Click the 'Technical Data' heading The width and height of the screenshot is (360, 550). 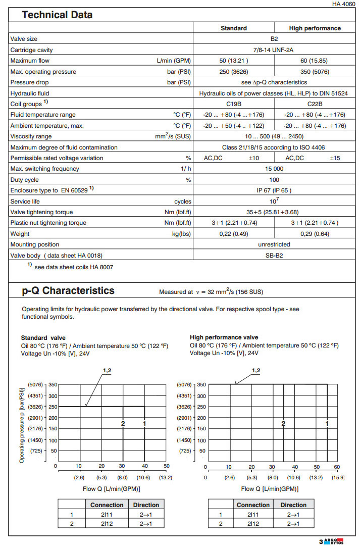click(57, 15)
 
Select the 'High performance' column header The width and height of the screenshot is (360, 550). click(315, 28)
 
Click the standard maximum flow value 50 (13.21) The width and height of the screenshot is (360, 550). click(234, 61)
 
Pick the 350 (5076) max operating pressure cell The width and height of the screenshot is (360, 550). click(315, 72)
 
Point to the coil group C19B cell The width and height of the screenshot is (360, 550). click(234, 105)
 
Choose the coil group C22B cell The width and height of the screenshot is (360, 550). click(315, 105)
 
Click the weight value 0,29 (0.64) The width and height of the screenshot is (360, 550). click(315, 234)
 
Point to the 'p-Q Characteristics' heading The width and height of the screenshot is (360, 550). click(68, 291)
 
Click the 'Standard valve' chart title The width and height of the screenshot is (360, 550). click(43, 337)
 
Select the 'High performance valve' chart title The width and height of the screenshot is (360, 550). click(224, 337)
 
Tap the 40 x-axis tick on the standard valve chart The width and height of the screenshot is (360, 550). click(145, 466)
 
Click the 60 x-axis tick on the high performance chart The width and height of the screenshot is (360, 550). click(337, 467)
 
